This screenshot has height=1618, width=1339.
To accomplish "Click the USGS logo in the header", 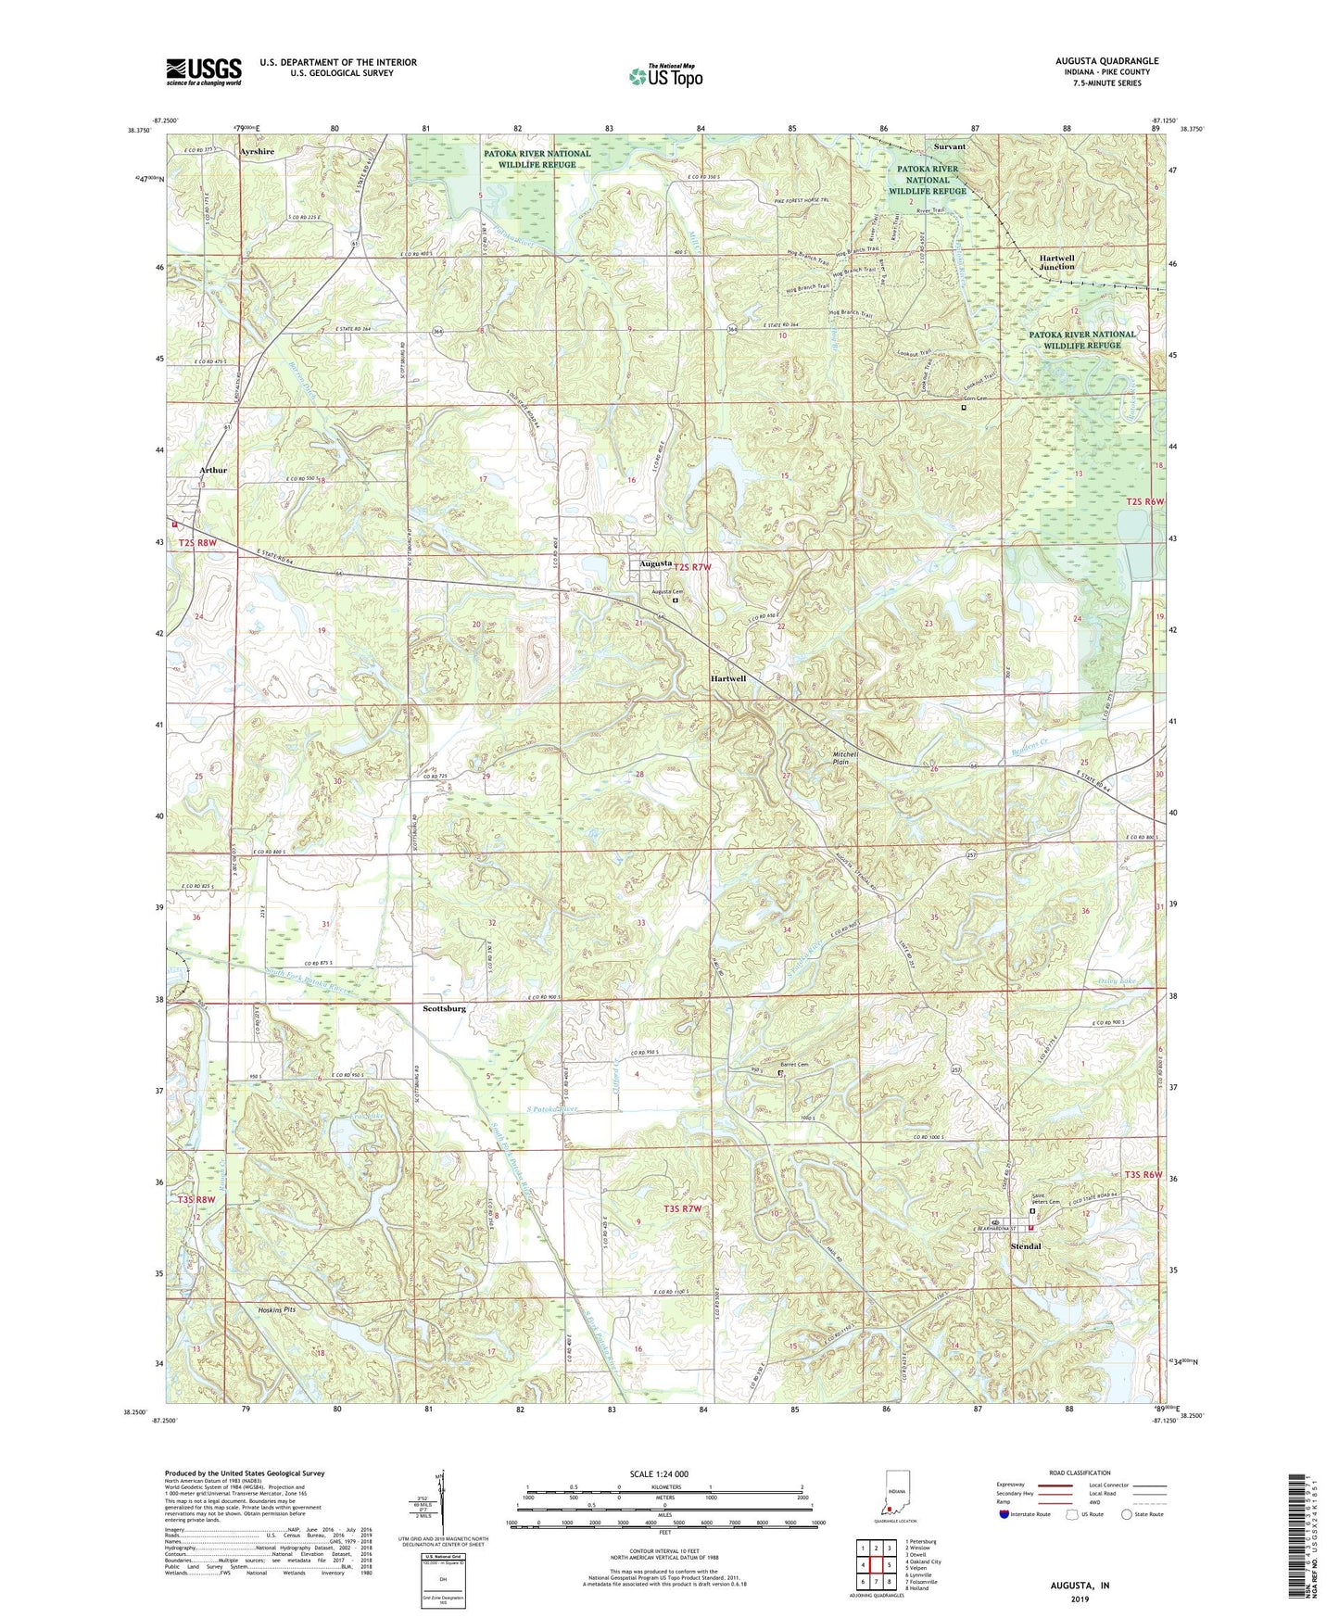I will (x=204, y=71).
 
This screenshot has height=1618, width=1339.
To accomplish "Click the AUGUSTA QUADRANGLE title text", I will (x=1105, y=61).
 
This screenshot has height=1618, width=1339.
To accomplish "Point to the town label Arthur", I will (x=212, y=470).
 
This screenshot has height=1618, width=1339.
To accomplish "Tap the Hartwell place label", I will (x=727, y=678).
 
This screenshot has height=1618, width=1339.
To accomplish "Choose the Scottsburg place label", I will (x=444, y=1008).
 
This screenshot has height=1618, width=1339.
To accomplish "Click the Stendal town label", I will (x=1025, y=1246).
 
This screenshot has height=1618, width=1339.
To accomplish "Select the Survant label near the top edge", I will (x=949, y=146).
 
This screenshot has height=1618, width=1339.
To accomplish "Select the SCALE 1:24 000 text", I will (x=662, y=1473).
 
